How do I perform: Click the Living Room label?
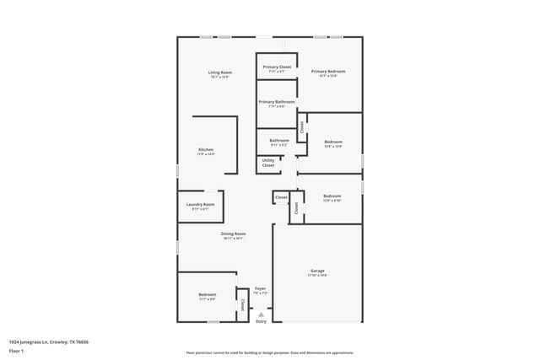tap(220, 73)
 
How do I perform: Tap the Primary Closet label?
tap(277, 67)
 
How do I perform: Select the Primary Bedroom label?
tap(328, 72)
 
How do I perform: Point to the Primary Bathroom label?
tap(277, 102)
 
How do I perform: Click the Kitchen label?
tap(206, 149)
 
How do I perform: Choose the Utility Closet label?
tap(268, 163)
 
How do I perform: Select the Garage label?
tap(317, 271)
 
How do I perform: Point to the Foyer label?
tap(261, 288)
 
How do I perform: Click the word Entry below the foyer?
tap(261, 321)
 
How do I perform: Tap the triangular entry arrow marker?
tap(261, 314)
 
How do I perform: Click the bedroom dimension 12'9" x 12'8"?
tap(333, 147)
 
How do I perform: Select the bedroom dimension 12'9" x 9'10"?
tap(332, 201)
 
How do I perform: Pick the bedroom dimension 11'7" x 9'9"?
tap(207, 299)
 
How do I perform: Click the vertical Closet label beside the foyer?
tap(243, 304)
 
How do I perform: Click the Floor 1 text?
tap(16, 350)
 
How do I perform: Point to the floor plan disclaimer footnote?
tap(269, 352)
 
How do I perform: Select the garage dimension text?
tap(317, 276)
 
